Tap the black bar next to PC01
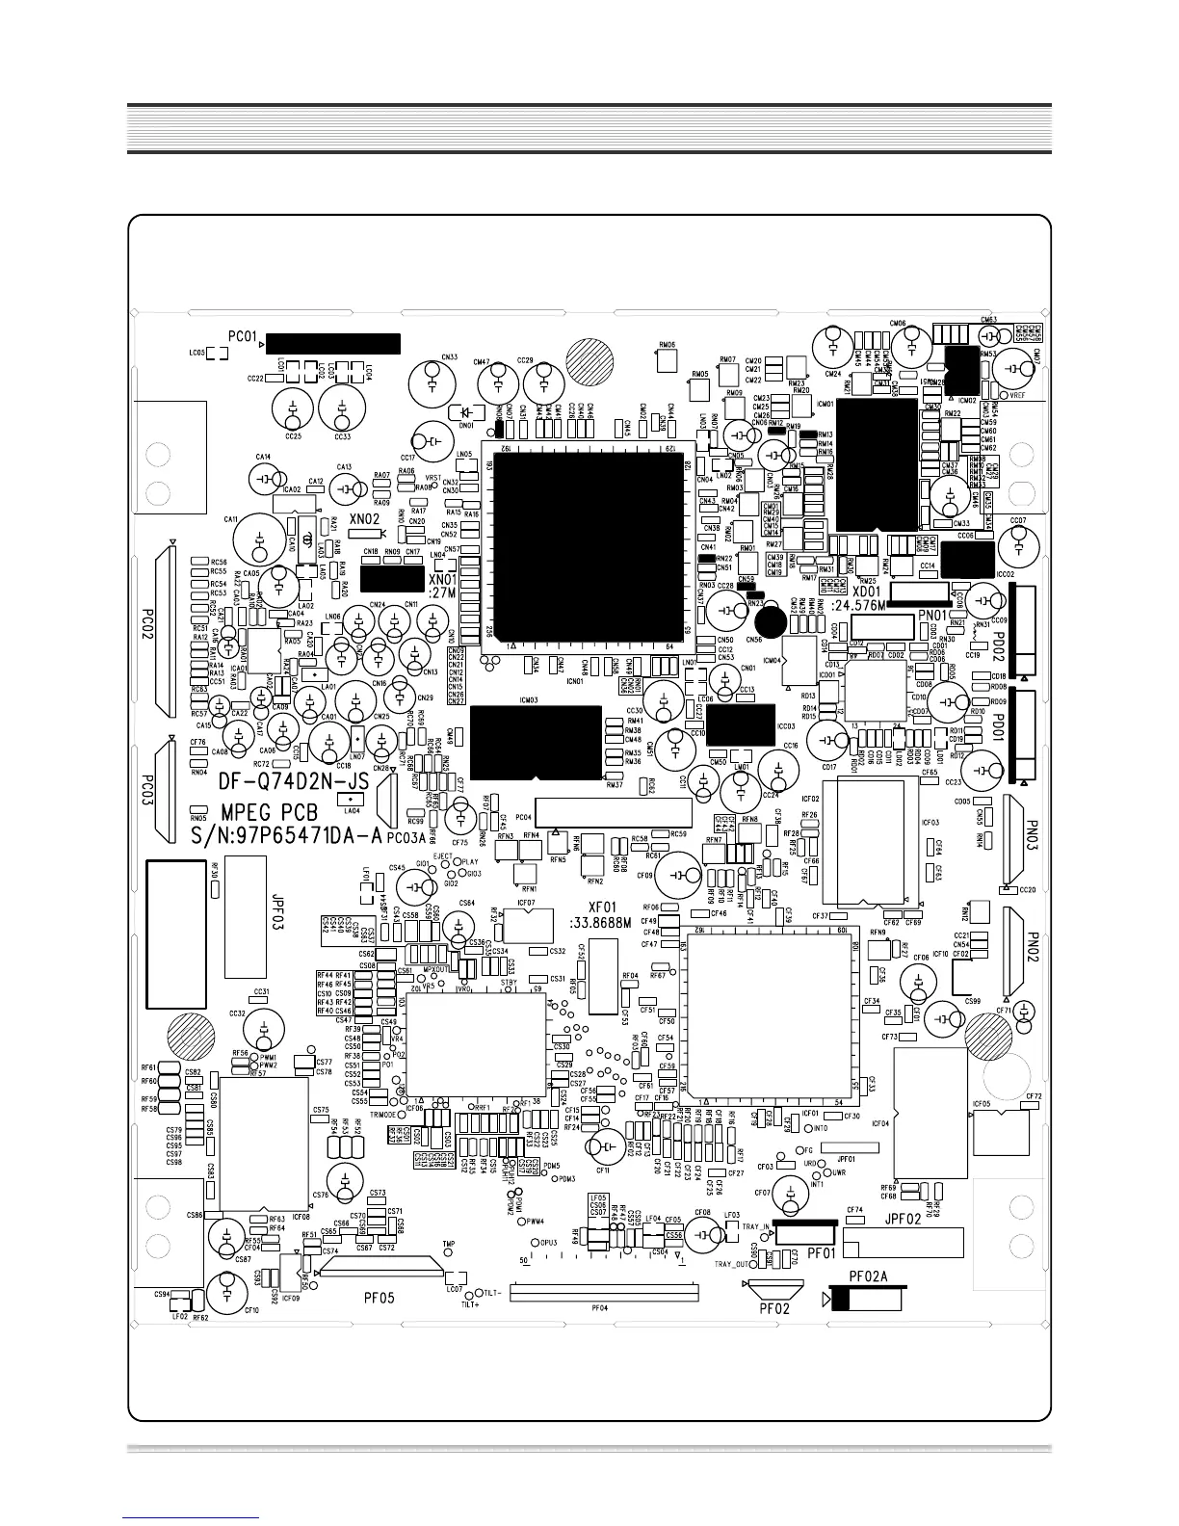click(332, 344)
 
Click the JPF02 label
click(904, 1220)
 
